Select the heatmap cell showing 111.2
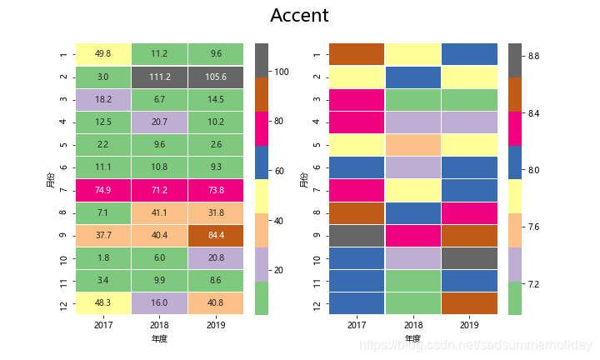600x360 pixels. point(159,77)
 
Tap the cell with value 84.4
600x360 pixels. point(216,236)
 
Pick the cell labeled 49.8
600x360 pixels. point(103,53)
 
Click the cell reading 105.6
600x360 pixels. point(216,77)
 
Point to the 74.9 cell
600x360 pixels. point(103,190)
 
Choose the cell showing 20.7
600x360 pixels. point(159,122)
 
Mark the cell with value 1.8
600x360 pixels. point(103,258)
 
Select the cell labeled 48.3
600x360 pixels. point(103,304)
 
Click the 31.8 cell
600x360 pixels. point(216,212)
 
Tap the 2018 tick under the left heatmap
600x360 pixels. point(159,323)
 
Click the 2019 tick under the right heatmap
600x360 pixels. point(469,323)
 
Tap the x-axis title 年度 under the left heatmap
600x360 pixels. point(159,339)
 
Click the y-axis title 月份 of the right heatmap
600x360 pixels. point(305,178)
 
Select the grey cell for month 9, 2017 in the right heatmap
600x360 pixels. point(357,236)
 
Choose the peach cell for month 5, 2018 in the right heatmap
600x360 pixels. point(412,145)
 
